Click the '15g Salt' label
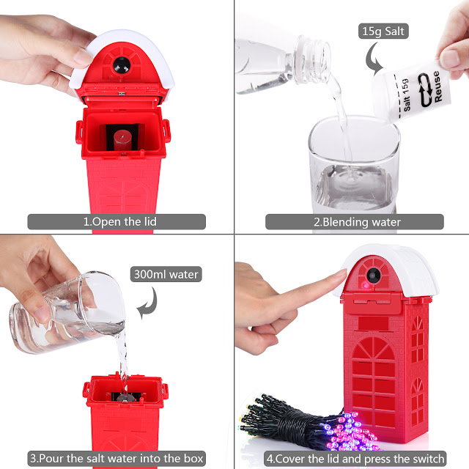pyautogui.click(x=383, y=31)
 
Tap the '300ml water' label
pyautogui.click(x=166, y=274)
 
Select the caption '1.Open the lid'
pyautogui.click(x=119, y=221)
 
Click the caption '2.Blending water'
pyautogui.click(x=357, y=222)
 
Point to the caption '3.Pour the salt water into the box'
pyautogui.click(x=117, y=458)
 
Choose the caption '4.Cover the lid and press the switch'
pyautogui.click(x=355, y=459)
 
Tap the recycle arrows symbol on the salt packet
pyautogui.click(x=425, y=89)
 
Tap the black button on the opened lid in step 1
pyautogui.click(x=122, y=64)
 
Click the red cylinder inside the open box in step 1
pyautogui.click(x=122, y=140)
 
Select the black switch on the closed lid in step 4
pyautogui.click(x=374, y=276)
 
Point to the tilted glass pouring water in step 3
pyautogui.click(x=67, y=311)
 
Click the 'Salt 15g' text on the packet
pyautogui.click(x=406, y=95)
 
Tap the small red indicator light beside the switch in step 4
pyautogui.click(x=366, y=285)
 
